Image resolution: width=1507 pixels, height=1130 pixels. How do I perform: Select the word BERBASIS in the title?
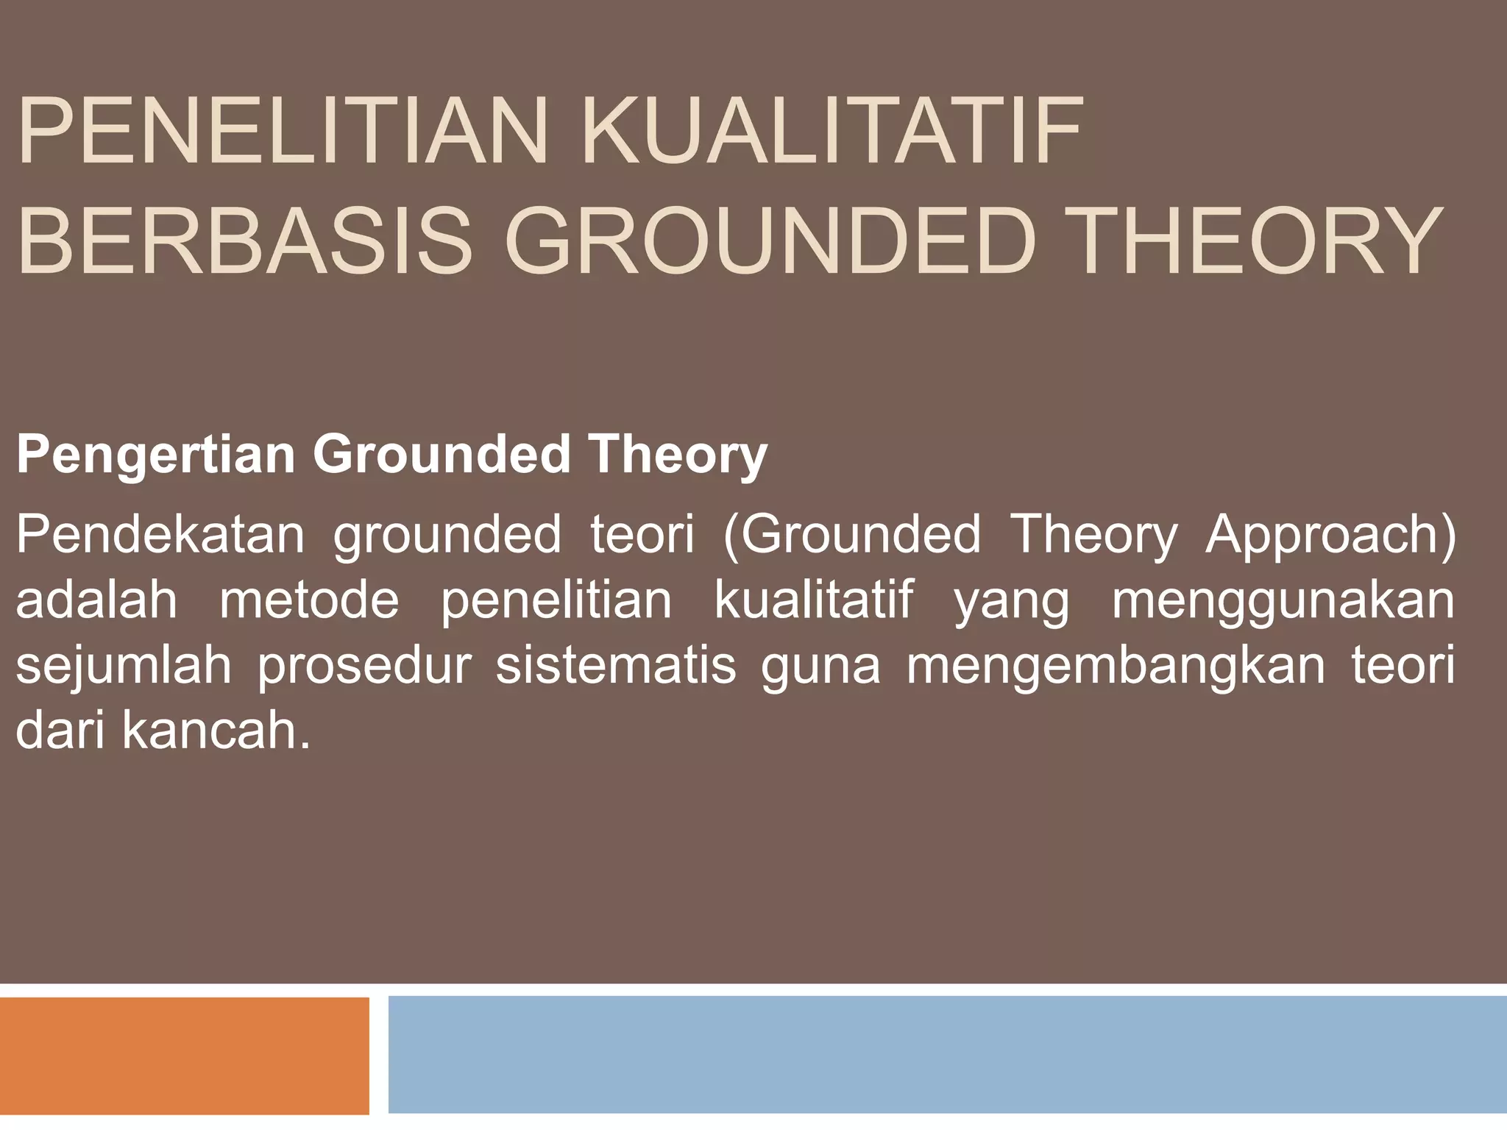click(x=243, y=241)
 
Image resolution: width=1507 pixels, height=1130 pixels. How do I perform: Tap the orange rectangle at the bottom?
click(x=184, y=1056)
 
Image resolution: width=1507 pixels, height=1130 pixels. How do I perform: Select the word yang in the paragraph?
click(x=1011, y=601)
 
